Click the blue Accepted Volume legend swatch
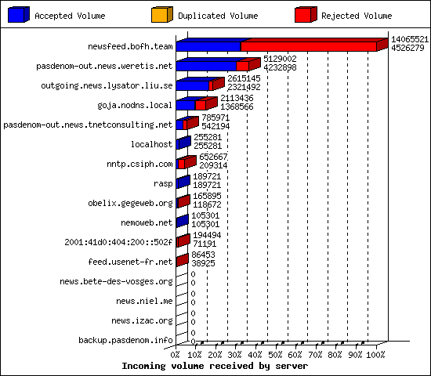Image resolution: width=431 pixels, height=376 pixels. tap(19, 14)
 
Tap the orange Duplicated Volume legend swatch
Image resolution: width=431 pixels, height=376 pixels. tap(162, 14)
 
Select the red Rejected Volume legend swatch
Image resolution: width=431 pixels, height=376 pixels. tap(306, 14)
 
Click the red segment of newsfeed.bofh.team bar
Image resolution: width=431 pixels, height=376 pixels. tap(309, 47)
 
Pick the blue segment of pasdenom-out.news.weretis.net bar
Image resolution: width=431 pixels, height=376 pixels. tap(206, 67)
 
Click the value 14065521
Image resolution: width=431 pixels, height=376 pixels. tap(410, 39)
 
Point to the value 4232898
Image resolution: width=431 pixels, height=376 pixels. tap(280, 67)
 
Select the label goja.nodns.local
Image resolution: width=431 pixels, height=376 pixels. tap(135, 105)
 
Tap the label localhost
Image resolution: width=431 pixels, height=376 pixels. tap(151, 144)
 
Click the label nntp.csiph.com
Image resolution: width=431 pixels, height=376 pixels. tap(139, 164)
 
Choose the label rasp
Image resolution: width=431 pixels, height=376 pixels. tap(163, 183)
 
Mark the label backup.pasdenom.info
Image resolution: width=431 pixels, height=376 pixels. tap(125, 340)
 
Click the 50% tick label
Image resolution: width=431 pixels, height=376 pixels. tap(275, 355)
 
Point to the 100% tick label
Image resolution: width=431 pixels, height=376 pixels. tap(375, 355)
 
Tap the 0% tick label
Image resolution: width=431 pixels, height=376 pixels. tap(175, 355)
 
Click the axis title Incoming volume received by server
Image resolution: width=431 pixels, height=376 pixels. tap(215, 366)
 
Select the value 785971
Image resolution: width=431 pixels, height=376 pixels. tap(215, 117)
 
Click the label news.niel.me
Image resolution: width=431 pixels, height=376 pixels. tap(144, 301)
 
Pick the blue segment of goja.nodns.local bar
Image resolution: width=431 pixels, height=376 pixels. tap(186, 105)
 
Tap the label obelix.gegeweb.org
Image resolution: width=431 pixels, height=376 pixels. tap(130, 203)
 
